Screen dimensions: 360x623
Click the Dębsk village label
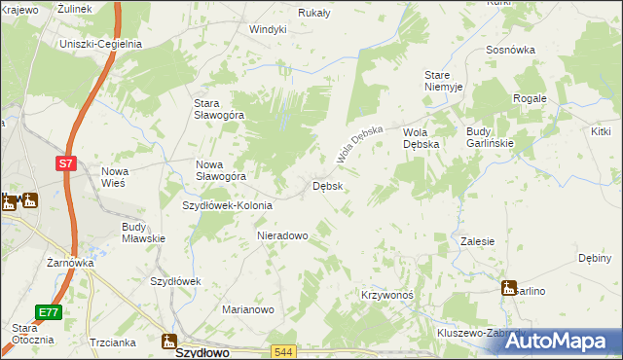pyautogui.click(x=326, y=186)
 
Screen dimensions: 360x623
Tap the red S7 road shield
pyautogui.click(x=65, y=164)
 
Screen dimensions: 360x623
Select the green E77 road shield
pyautogui.click(x=49, y=312)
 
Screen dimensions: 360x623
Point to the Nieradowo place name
pyautogui.click(x=282, y=235)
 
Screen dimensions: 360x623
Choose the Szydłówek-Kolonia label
pyautogui.click(x=228, y=206)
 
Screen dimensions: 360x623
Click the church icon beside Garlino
pyautogui.click(x=508, y=288)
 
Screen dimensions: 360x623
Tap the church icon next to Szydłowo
pyautogui.click(x=168, y=342)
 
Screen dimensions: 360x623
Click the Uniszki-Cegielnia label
pyautogui.click(x=100, y=44)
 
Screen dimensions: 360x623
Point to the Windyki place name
pyautogui.click(x=268, y=29)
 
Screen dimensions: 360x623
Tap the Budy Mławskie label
pyautogui.click(x=143, y=233)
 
